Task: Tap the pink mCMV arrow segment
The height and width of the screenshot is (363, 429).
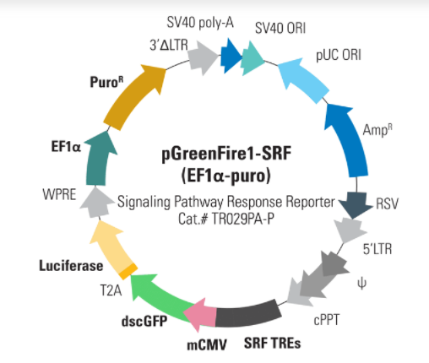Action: pyautogui.click(x=200, y=314)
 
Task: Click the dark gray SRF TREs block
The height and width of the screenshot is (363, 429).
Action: pyautogui.click(x=247, y=314)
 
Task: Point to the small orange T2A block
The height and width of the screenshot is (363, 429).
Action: pyautogui.click(x=128, y=271)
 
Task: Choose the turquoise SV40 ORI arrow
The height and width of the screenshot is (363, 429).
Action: pyautogui.click(x=252, y=58)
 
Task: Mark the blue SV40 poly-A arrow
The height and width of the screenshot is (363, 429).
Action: pyautogui.click(x=231, y=57)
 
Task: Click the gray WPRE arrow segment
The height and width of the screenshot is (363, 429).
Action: pyautogui.click(x=96, y=203)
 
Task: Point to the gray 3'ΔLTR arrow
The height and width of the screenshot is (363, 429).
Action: pyautogui.click(x=203, y=57)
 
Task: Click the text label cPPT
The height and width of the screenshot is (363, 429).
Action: pyautogui.click(x=327, y=320)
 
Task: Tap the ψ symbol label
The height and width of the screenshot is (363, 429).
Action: pyautogui.click(x=361, y=283)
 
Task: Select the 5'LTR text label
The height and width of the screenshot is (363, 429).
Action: pyautogui.click(x=377, y=249)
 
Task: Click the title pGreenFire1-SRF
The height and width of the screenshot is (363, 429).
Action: pyautogui.click(x=226, y=154)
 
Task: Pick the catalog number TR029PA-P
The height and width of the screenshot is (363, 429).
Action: pyautogui.click(x=242, y=219)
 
